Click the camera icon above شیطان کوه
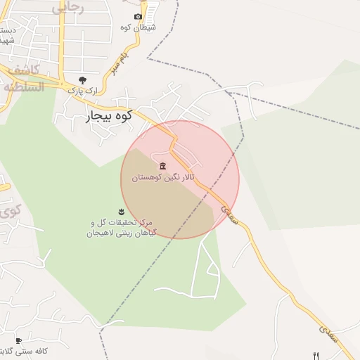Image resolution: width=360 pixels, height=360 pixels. (138, 16)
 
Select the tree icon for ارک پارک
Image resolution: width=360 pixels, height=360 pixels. (82, 79)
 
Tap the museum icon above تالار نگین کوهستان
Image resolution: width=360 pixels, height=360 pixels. (163, 166)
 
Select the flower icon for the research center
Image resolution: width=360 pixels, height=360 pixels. (122, 211)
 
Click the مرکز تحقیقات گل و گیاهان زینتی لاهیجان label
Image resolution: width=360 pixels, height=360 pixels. (121, 226)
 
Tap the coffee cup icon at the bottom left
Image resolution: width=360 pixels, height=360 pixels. (18, 340)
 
